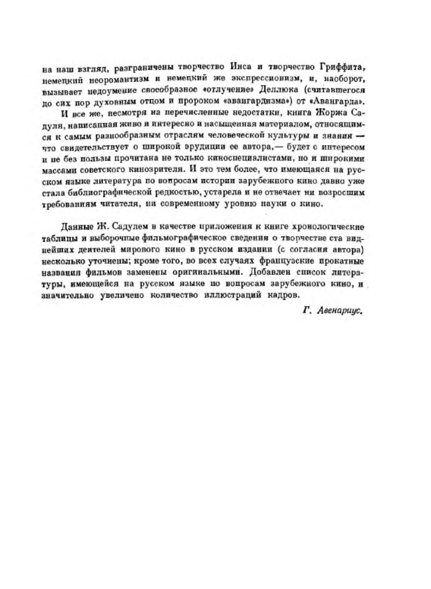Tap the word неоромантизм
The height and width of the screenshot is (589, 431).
120,79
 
